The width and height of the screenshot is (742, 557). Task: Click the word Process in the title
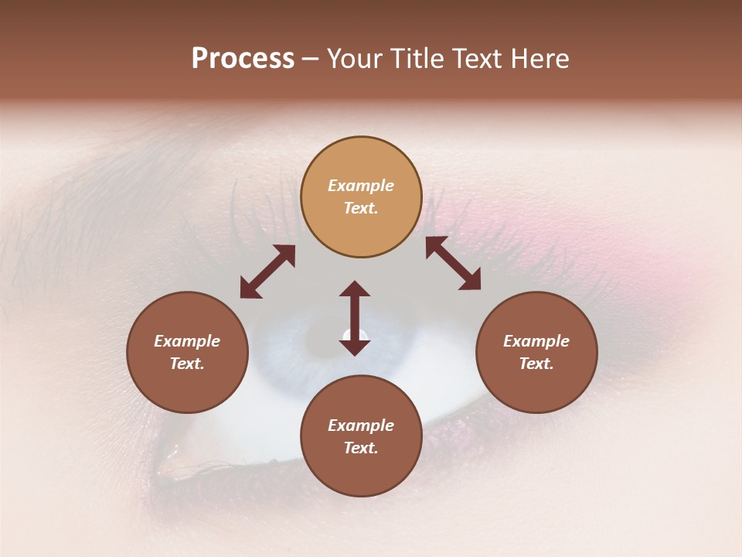243,58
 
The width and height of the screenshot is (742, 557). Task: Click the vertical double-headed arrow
355,318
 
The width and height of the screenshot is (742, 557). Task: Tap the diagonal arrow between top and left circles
267,272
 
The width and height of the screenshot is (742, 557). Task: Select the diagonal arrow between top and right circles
453,264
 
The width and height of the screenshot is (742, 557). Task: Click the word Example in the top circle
361,186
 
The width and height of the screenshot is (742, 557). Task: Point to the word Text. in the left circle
187,364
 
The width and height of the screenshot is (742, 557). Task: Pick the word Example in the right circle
536,341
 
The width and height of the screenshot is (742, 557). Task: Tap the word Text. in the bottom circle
361,448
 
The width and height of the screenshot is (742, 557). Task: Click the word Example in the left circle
187,341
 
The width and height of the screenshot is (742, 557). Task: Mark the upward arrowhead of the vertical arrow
355,289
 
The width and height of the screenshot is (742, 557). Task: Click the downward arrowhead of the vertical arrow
355,347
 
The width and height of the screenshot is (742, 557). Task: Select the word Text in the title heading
479,58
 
